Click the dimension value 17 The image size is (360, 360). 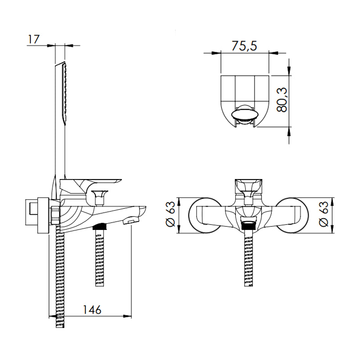pyautogui.click(x=34, y=39)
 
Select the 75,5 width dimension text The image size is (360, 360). pyautogui.click(x=244, y=46)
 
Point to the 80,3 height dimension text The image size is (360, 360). pyautogui.click(x=282, y=99)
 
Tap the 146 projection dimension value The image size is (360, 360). pyautogui.click(x=92, y=310)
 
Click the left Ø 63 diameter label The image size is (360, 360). pyautogui.click(x=171, y=214)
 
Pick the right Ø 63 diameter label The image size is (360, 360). pyautogui.click(x=324, y=214)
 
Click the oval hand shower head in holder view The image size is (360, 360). pyautogui.click(x=245, y=115)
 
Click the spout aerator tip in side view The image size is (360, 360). pyautogui.click(x=131, y=221)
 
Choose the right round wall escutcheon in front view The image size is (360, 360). pyautogui.click(x=292, y=216)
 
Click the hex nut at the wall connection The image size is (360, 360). pyautogui.click(x=56, y=216)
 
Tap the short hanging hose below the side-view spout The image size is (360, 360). pyautogui.click(x=99, y=258)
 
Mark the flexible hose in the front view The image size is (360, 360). pyautogui.click(x=248, y=258)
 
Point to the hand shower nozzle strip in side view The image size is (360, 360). pyautogui.click(x=65, y=94)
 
